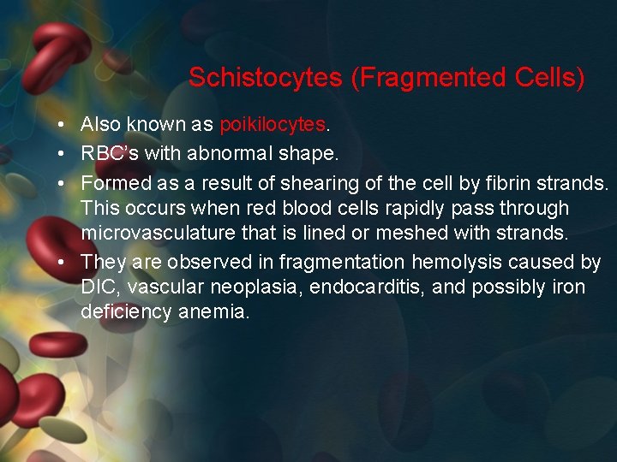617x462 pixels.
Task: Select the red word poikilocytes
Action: tap(273, 125)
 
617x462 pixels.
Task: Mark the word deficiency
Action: tap(126, 312)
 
